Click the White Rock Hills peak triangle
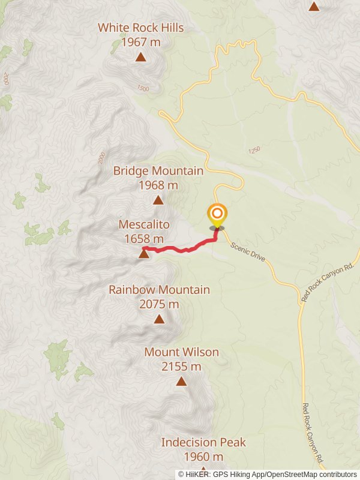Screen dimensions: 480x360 click(x=140, y=57)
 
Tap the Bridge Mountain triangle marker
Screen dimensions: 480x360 click(x=158, y=200)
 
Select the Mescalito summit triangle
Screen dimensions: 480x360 click(x=144, y=254)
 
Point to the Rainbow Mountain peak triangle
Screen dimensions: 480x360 click(x=159, y=319)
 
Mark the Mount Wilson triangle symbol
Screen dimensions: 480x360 click(x=181, y=381)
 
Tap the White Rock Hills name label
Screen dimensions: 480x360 click(x=140, y=28)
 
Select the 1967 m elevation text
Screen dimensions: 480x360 click(x=140, y=42)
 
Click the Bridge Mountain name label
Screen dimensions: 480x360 click(x=158, y=171)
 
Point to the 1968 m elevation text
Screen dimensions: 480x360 click(x=158, y=185)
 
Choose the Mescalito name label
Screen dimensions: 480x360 click(x=144, y=224)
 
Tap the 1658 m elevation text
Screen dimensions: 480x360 click(x=144, y=239)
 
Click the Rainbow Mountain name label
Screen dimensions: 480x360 click(x=159, y=290)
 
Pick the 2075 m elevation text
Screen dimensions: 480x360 click(x=159, y=304)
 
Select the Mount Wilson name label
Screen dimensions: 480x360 click(x=181, y=352)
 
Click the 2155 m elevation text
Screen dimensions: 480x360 click(x=181, y=367)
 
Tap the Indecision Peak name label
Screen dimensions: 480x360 click(x=203, y=443)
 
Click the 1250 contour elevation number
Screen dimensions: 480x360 click(x=254, y=150)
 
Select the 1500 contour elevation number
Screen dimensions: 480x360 click(x=142, y=88)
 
